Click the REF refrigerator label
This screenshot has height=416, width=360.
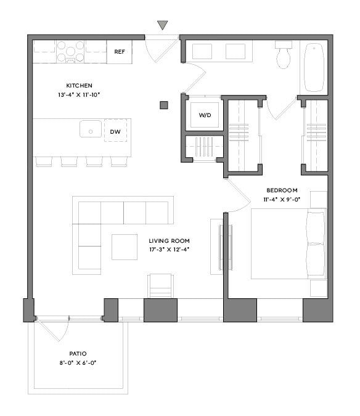[120, 52]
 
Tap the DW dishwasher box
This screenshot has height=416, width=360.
[115, 131]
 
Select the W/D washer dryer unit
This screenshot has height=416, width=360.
[204, 115]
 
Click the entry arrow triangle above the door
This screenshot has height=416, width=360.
[162, 25]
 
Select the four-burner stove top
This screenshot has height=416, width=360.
[71, 51]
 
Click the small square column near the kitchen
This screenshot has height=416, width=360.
[164, 105]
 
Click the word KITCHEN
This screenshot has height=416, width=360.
[80, 85]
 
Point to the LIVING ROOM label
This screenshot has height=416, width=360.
[169, 241]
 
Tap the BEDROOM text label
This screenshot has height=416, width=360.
[282, 190]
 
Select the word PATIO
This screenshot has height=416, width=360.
[78, 354]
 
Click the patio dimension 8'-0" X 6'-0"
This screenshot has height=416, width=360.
[78, 363]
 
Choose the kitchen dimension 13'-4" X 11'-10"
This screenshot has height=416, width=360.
[80, 94]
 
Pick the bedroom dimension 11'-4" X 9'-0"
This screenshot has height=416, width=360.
[282, 200]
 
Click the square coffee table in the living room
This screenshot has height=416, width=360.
[125, 247]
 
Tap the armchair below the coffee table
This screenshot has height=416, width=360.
[160, 286]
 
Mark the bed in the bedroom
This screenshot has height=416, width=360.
[287, 244]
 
